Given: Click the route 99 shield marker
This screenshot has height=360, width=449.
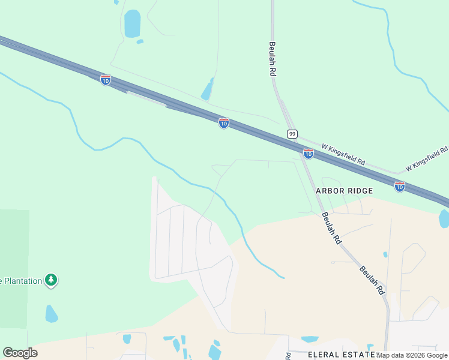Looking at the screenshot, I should [292, 134].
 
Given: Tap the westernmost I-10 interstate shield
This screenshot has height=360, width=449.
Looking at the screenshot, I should [106, 80].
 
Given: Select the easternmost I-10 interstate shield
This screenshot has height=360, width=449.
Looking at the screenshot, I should [400, 187].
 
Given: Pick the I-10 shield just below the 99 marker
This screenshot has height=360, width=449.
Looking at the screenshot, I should [308, 154].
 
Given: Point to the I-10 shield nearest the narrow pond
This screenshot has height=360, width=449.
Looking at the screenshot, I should [224, 123].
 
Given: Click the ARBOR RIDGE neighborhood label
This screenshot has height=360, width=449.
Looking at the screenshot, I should [345, 191].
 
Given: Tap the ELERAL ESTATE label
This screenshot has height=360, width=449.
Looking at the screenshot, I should [342, 355].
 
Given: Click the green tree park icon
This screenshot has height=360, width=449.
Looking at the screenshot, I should [52, 280].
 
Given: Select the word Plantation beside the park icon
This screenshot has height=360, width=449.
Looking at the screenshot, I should [22, 280].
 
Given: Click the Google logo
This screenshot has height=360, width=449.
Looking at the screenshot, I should [20, 353].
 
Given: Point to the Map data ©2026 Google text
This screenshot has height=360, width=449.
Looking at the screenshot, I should [412, 355].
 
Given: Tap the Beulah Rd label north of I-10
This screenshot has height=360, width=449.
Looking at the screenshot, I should [272, 58].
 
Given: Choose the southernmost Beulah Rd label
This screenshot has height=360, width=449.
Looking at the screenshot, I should [372, 280].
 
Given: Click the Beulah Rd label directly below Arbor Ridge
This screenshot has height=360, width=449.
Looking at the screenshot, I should [331, 228].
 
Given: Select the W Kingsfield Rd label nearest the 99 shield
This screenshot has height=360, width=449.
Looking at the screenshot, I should [343, 155].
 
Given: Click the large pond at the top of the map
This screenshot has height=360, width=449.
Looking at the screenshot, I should [132, 24].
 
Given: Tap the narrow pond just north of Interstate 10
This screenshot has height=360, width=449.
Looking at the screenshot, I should [208, 90].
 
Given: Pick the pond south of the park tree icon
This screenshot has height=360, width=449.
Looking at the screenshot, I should [52, 313].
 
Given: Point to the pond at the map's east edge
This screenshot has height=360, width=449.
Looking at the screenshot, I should [444, 218].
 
